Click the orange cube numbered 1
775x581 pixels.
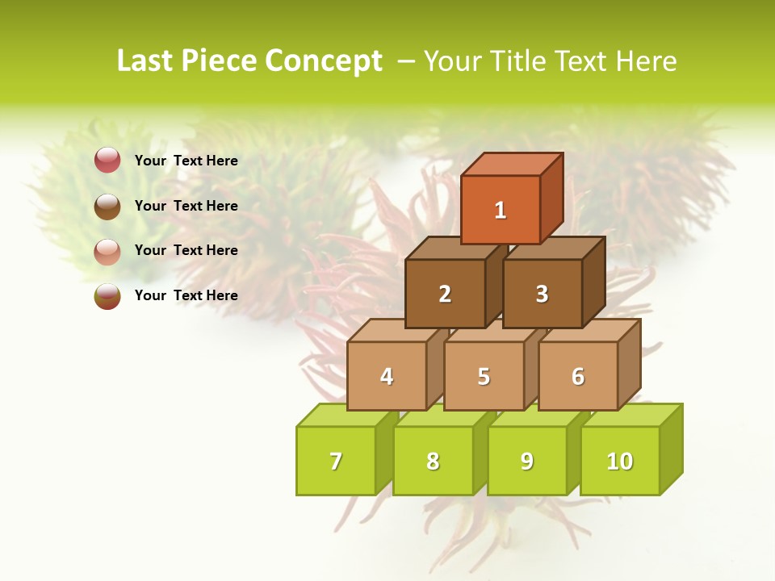pos(501,210)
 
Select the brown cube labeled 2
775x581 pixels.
pos(445,294)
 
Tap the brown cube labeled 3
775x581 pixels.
pos(542,294)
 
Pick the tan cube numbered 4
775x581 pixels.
pos(387,376)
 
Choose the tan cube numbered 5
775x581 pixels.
pos(484,376)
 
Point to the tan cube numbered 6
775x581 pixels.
pos(578,376)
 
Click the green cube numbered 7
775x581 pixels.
pos(336,461)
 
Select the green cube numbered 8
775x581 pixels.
pos(433,461)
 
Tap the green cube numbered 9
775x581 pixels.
pos(526,461)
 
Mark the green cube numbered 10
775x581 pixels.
pos(619,461)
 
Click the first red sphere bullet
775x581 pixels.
pos(107,161)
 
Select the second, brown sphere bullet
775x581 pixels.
pos(107,206)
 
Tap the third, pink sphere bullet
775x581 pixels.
pos(107,251)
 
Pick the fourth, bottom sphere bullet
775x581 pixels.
pos(107,295)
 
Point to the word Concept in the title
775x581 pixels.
pos(325,61)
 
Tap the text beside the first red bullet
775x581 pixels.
pos(186,161)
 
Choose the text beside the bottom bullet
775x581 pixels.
pos(186,295)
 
